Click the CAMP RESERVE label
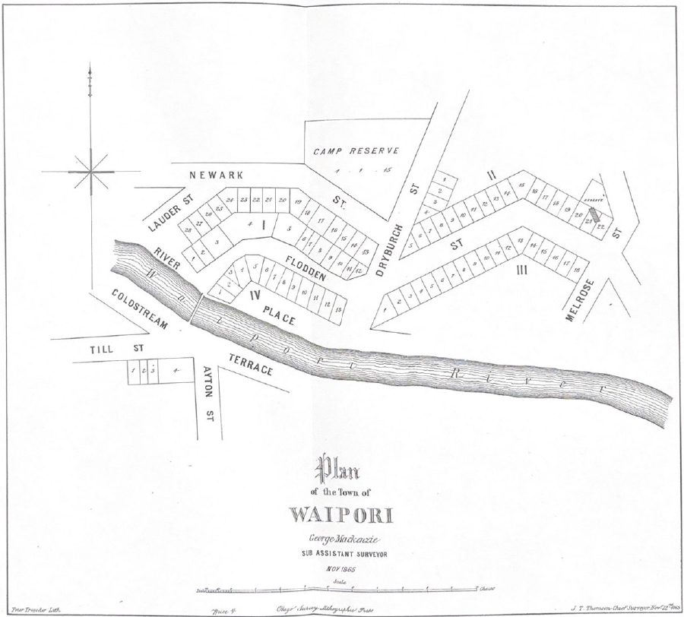(x=356, y=150)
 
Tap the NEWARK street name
(x=217, y=175)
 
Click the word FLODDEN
(x=306, y=267)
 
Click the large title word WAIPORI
(x=340, y=514)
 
